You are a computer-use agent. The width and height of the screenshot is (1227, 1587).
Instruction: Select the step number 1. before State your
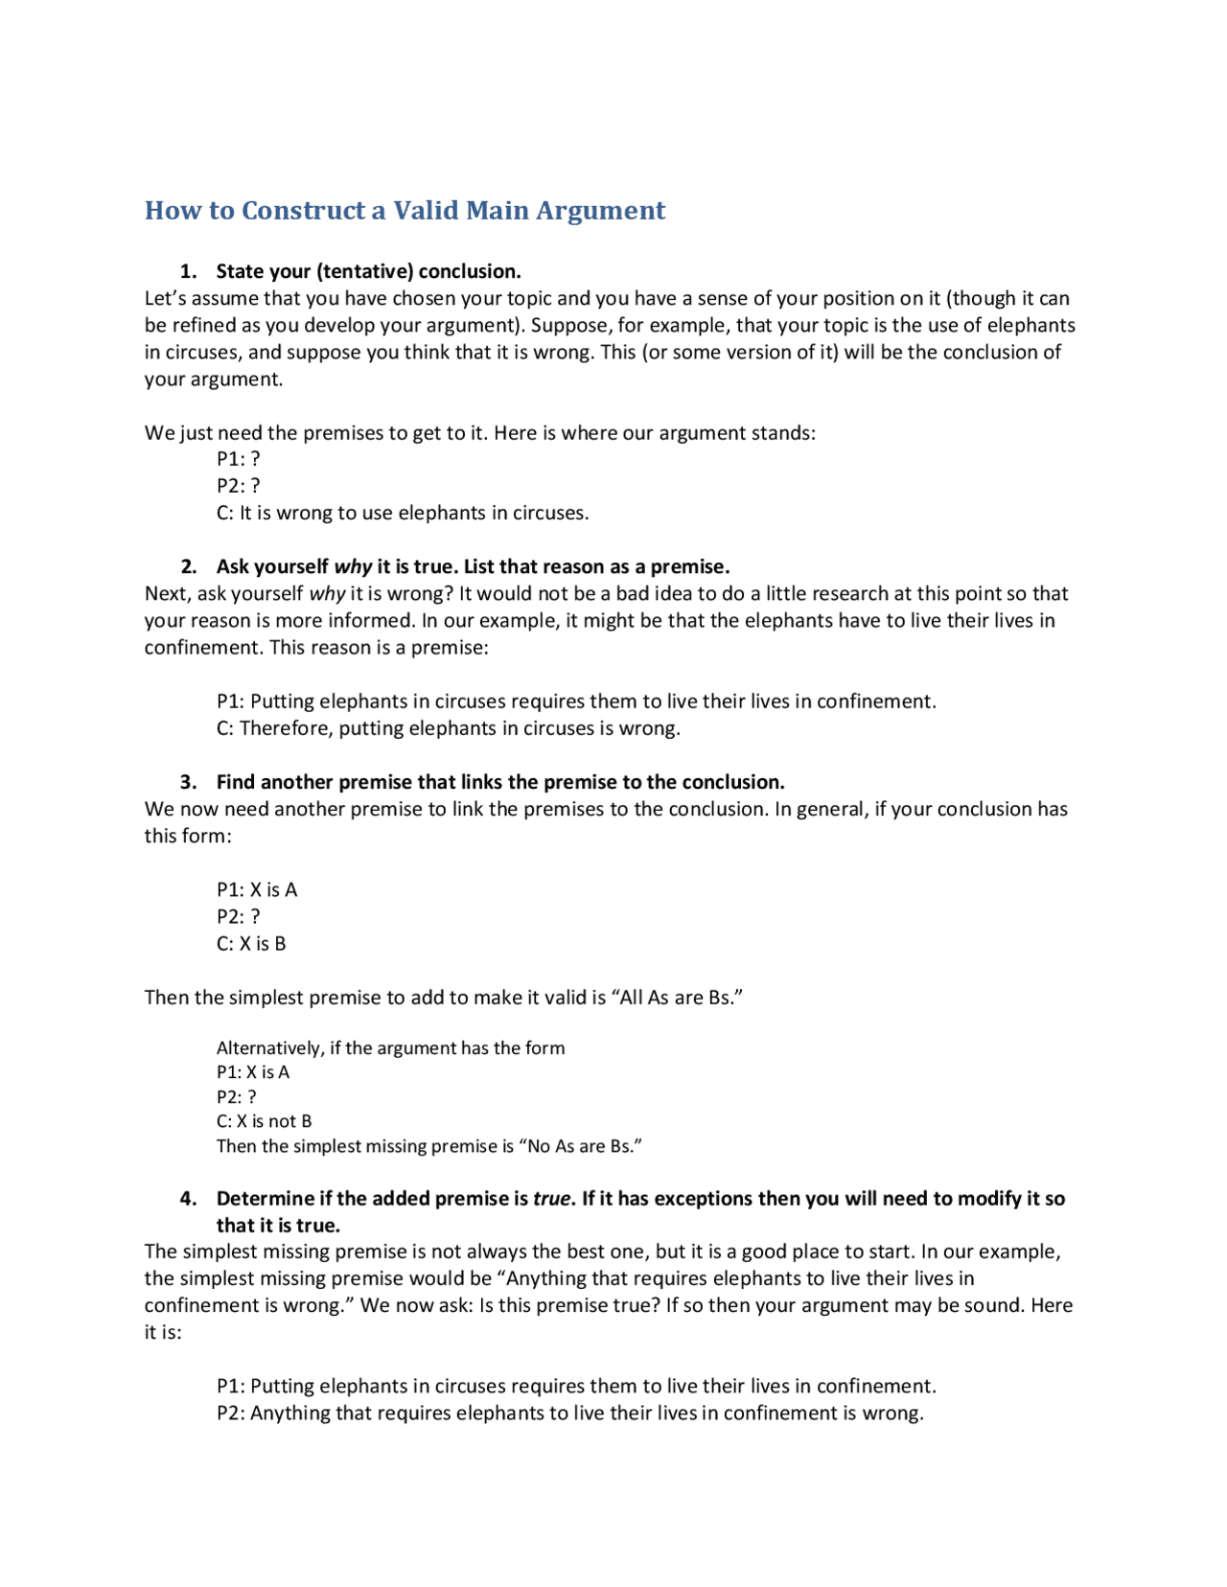coord(189,271)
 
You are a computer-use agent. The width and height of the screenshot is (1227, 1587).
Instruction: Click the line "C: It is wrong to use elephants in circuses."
coord(403,513)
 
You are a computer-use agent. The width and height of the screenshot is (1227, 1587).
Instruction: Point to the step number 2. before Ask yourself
coord(189,566)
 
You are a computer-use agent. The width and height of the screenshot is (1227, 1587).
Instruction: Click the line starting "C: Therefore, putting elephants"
coord(448,728)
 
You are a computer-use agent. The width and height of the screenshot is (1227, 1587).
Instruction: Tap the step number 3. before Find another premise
coord(189,782)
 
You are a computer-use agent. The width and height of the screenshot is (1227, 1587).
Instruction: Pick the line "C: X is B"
coord(251,944)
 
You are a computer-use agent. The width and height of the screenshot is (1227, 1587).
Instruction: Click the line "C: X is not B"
coord(264,1121)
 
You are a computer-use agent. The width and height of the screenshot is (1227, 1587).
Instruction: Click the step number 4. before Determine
coord(189,1199)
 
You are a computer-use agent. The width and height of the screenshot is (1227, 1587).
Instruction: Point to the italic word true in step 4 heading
coord(551,1199)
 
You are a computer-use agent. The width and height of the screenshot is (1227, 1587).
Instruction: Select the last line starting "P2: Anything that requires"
coord(569,1414)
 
